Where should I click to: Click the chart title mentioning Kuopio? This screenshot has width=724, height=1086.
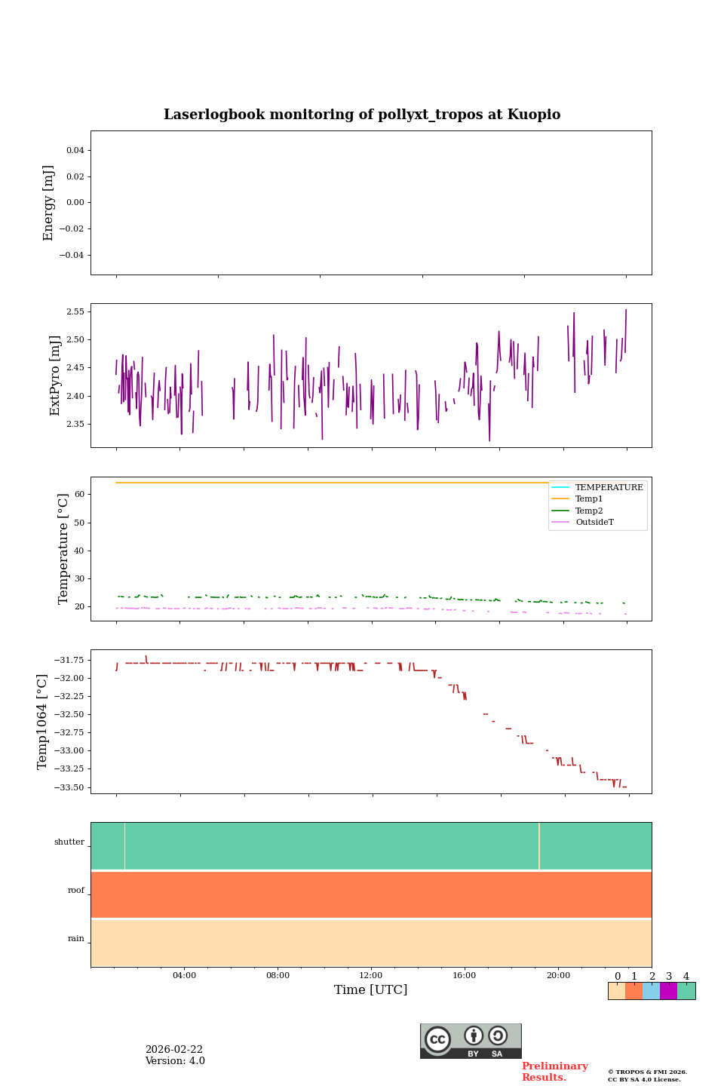pos(362,115)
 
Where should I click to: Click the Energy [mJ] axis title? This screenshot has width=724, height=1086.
pos(49,203)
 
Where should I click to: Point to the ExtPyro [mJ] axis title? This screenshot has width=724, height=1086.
pos(55,376)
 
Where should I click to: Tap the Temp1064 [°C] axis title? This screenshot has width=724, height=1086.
pos(43,722)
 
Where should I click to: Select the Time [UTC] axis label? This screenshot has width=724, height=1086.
pos(370,989)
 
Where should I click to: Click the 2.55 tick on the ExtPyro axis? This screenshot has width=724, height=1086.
pos(75,311)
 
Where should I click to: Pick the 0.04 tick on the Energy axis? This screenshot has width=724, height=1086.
pos(75,150)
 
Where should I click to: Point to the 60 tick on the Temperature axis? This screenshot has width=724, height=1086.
pos(79,495)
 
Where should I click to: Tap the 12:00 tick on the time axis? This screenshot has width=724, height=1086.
pos(371,975)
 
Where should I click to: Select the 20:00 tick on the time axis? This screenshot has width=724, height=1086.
pos(558,975)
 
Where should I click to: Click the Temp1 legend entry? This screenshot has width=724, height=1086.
pos(589,499)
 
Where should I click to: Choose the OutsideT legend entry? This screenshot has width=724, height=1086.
pos(594,523)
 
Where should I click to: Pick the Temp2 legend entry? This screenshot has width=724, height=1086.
pos(589,511)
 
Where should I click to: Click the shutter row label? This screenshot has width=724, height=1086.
pos(69,842)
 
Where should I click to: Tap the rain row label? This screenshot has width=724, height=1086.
pos(76,939)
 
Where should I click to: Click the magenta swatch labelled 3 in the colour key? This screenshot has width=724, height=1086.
pos(668,991)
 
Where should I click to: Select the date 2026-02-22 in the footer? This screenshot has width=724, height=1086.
pos(174,1050)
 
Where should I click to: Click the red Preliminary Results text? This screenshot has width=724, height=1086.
pos(554,1072)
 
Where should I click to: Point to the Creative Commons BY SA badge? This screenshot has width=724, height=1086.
pos(471,1041)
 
